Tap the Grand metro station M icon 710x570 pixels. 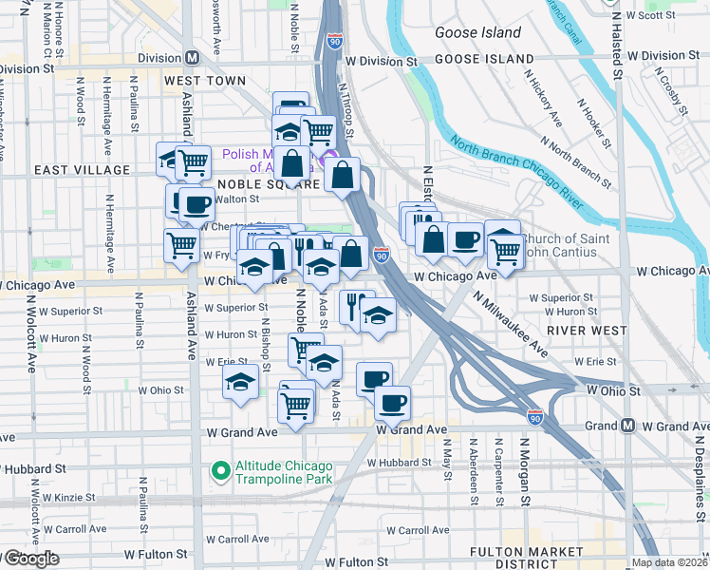(627, 426)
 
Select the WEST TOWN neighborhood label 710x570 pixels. (206, 82)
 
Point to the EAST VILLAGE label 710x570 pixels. (82, 170)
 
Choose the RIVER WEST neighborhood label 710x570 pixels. (588, 330)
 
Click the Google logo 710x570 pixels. (30, 559)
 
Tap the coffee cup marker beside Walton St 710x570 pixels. (196, 203)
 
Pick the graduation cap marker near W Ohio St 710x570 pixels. (241, 383)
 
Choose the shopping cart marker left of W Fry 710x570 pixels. (181, 245)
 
